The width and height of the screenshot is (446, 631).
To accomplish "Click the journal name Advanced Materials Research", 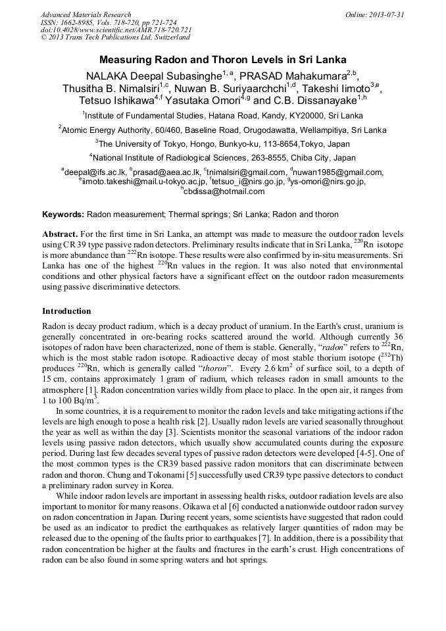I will [86, 14].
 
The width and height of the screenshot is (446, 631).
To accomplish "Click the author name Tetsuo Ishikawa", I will [116, 101].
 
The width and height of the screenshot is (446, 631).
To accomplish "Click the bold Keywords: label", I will [63, 215].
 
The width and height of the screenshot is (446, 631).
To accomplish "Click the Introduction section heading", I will [66, 311].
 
